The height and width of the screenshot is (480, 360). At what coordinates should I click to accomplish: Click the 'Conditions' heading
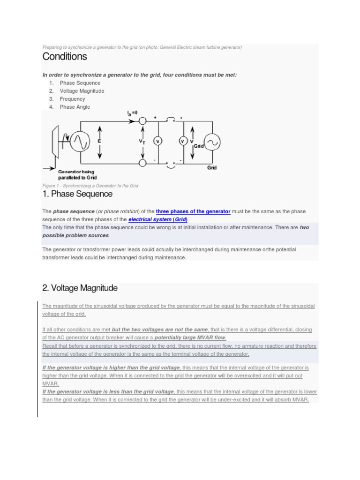coord(65,57)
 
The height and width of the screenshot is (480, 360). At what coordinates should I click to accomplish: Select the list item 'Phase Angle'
coord(75,107)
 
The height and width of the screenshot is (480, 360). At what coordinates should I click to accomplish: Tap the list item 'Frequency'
coord(73,99)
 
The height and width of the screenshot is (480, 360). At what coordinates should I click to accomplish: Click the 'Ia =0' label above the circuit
coord(132,113)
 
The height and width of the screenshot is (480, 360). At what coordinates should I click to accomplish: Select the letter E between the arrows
coord(99,141)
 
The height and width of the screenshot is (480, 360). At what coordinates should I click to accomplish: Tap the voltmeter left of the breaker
coord(158,141)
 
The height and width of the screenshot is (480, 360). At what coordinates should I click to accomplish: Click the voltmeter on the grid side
coord(183,141)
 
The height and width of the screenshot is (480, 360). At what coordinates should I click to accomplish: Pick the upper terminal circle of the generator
coord(142,121)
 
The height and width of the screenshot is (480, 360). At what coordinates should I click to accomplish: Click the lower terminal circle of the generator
coord(142,162)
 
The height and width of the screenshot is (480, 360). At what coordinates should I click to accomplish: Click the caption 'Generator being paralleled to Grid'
coord(77,175)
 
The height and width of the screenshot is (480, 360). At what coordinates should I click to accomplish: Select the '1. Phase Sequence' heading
coord(77,194)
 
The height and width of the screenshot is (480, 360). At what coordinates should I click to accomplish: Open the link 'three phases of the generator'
coord(193,211)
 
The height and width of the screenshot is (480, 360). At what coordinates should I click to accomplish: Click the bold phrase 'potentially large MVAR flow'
coord(190,337)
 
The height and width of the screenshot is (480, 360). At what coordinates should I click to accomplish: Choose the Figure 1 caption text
coord(90,186)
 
